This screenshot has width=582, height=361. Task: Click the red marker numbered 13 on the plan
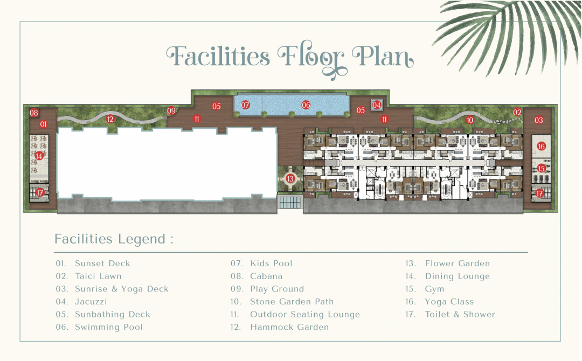pos(290,178)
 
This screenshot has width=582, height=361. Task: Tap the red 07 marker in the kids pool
pos(245,105)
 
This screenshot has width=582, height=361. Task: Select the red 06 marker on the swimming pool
pos(306,105)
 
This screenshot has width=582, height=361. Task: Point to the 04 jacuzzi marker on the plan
pos(377,105)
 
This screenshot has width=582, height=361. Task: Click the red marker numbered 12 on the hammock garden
pos(110,119)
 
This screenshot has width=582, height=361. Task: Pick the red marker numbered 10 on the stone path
pos(470,120)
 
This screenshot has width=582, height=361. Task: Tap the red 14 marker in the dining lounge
pos(39,156)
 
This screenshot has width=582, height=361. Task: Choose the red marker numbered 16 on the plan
pos(541,146)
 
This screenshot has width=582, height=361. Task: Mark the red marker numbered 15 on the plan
pos(541,169)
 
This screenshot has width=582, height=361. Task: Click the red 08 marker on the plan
pos(34,113)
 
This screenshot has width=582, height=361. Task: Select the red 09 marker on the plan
pos(171,110)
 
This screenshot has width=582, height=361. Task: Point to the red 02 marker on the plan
pos(517,112)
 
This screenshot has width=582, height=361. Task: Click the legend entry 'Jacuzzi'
pos(91,302)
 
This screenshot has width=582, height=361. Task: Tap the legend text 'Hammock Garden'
pos(289,327)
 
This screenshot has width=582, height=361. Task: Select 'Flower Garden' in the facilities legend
pos(458,263)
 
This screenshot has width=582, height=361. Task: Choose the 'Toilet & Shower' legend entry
pos(460,314)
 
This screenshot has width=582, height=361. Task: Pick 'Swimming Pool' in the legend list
pos(109,327)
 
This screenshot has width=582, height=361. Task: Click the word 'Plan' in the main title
pos(382,57)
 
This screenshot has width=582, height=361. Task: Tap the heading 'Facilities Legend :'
pos(114,239)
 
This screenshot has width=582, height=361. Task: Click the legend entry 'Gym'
pos(434,289)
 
